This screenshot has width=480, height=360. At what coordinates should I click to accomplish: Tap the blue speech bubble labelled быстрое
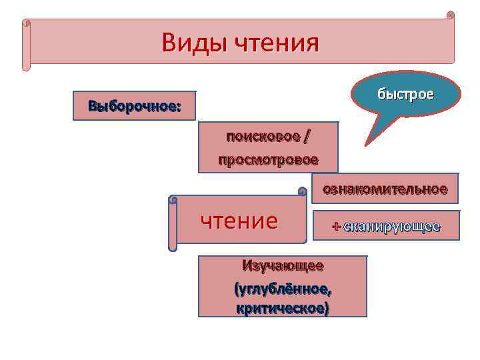click(x=406, y=95)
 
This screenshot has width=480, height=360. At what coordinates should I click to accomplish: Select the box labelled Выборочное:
click(x=134, y=106)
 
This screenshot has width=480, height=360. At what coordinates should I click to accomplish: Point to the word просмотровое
click(x=268, y=160)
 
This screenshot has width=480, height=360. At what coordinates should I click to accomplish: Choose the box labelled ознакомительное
click(x=385, y=189)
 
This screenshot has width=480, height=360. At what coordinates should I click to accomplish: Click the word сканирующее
click(x=391, y=227)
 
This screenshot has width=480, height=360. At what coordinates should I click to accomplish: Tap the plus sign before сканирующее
click(x=336, y=227)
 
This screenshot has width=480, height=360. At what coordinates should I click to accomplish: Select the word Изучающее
click(x=283, y=265)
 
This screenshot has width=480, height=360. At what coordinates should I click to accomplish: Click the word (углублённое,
click(x=283, y=289)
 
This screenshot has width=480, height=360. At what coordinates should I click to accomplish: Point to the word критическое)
click(x=283, y=309)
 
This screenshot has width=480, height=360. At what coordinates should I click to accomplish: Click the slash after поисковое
click(x=306, y=137)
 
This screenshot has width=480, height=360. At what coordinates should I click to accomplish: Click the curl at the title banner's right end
click(x=451, y=16)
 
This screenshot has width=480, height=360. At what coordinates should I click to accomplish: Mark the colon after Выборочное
click(x=178, y=106)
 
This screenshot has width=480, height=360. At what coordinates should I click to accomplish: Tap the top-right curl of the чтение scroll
click(x=302, y=192)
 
